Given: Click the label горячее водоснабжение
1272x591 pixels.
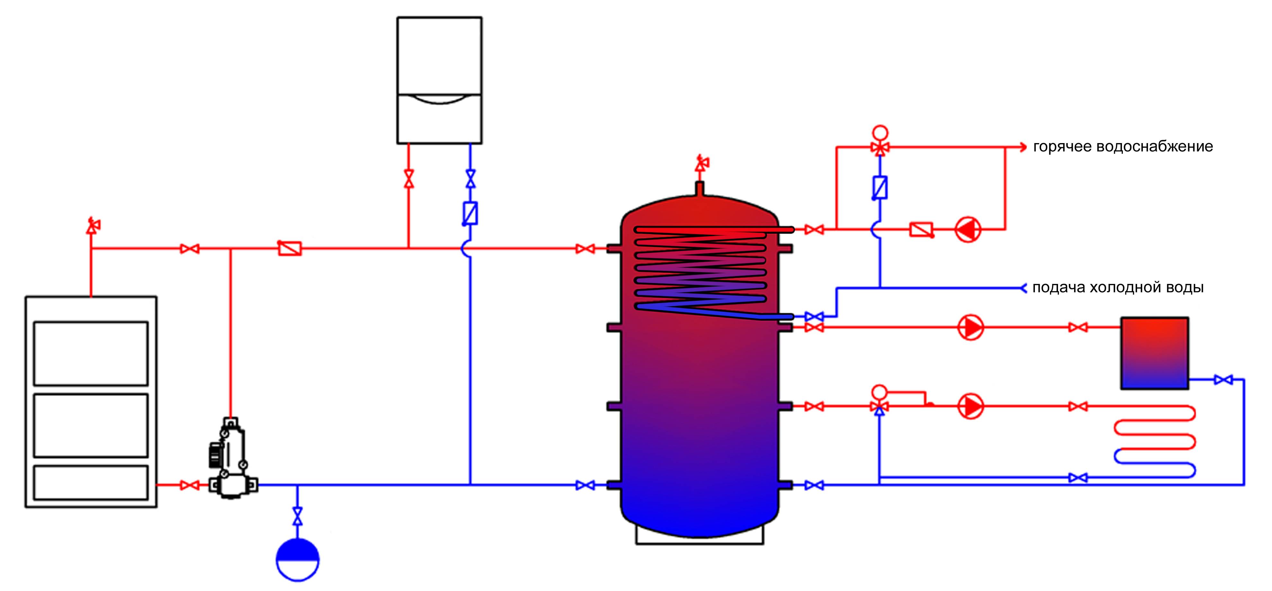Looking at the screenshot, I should [x=1123, y=147].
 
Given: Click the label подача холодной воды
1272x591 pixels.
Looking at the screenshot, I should [x=1118, y=287].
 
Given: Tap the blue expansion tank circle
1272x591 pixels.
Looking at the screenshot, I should [x=297, y=560].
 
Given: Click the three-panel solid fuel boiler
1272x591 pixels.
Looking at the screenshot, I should [x=91, y=401].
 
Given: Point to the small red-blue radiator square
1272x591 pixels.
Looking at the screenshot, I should [x=1154, y=353].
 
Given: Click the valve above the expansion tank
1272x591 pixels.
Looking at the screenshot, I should [x=297, y=516].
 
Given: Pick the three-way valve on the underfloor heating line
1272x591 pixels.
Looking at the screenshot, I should [x=879, y=406].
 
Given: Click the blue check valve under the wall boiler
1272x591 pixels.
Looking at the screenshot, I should [x=470, y=214].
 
